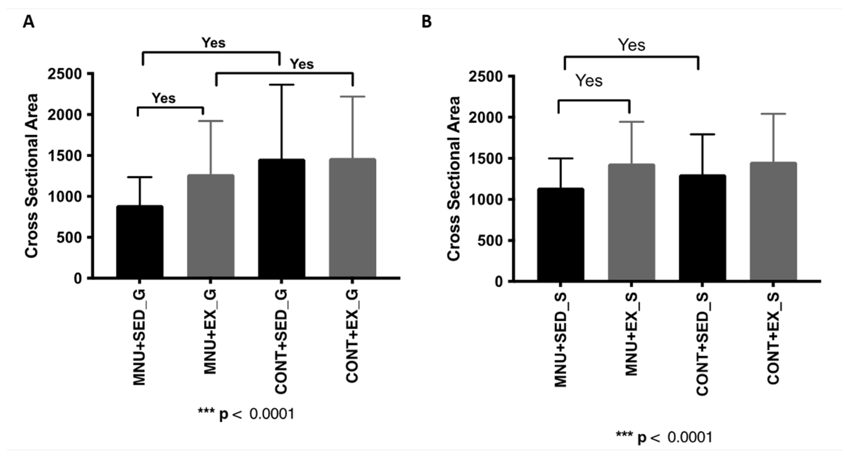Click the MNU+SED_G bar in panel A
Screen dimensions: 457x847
140,242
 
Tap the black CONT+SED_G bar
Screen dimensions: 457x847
281,218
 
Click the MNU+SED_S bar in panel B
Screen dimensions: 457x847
561,234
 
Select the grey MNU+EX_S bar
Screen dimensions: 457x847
631,222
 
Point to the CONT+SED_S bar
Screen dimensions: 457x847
702,227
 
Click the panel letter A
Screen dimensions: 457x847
29,22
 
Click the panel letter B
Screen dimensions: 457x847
426,22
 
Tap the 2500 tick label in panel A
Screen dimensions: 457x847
64,74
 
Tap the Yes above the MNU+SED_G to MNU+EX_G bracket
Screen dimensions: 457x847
163,98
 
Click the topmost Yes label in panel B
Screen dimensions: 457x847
631,45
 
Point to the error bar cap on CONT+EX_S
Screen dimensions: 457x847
773,114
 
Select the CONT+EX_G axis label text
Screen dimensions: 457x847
352,337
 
